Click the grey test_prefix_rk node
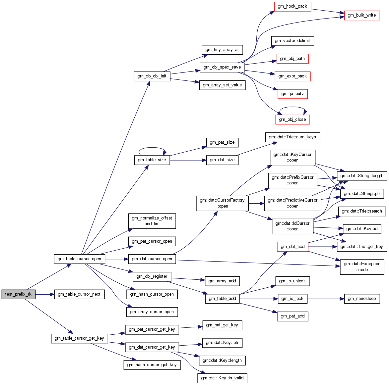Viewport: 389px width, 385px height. (x=18, y=294)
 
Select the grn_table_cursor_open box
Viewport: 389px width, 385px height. (x=79, y=259)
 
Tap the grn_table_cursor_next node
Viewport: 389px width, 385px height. (x=79, y=294)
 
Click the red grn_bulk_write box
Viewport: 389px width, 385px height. (x=362, y=15)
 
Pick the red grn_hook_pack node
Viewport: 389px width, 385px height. (x=292, y=6)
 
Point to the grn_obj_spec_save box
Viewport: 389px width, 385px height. (x=222, y=67)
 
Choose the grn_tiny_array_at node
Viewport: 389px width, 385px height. (x=222, y=50)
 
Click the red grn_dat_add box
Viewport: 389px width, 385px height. (x=292, y=247)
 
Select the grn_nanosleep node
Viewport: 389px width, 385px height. (x=362, y=299)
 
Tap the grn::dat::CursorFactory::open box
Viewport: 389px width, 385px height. (x=222, y=203)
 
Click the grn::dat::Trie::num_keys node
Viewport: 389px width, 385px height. (x=292, y=137)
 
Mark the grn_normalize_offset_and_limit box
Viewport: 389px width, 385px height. (x=152, y=221)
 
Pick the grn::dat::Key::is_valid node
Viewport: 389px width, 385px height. (x=222, y=378)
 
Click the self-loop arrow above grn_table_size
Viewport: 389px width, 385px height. (x=152, y=148)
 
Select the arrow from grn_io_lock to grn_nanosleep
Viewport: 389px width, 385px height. (x=326, y=299)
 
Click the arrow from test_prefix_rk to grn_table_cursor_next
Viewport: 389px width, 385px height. (x=45, y=294)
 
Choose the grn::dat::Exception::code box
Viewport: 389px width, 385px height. (x=362, y=267)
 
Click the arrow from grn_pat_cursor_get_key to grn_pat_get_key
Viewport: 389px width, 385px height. (x=191, y=327)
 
